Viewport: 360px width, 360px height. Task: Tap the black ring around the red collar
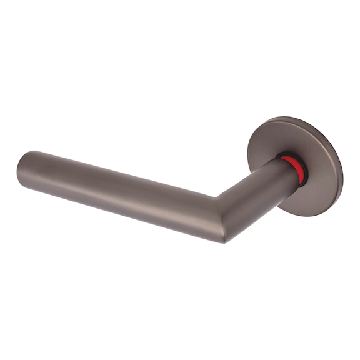coord(303,175)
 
